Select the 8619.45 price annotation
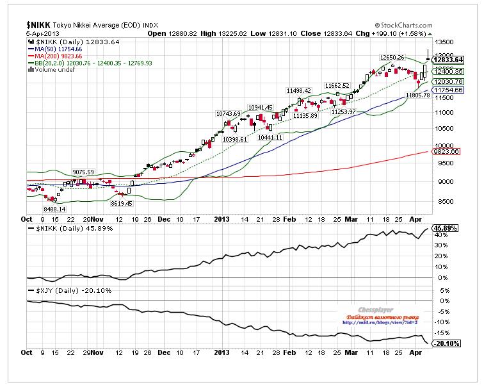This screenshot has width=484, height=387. coord(122,203)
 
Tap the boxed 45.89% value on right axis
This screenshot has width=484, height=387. coord(447,228)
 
